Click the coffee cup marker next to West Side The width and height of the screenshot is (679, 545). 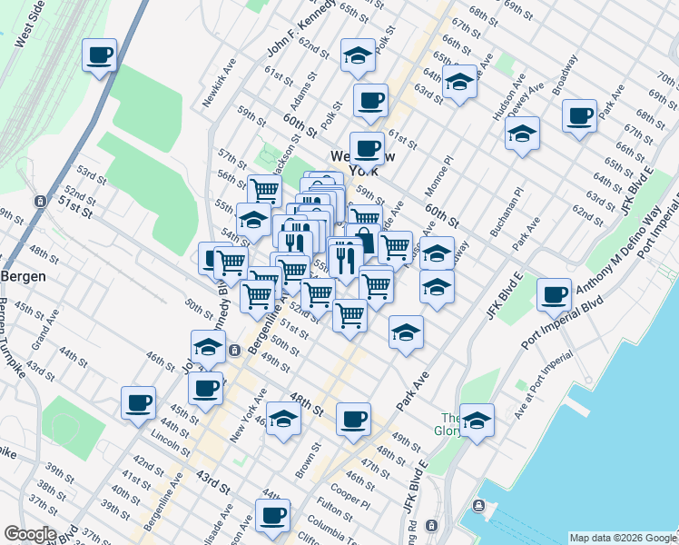click(x=99, y=55)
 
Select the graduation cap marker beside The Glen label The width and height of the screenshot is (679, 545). click(x=477, y=421)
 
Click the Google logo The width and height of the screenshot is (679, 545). click(x=30, y=534)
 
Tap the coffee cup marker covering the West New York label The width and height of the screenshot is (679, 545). click(x=367, y=148)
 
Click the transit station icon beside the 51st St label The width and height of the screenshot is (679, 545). click(x=39, y=201)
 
